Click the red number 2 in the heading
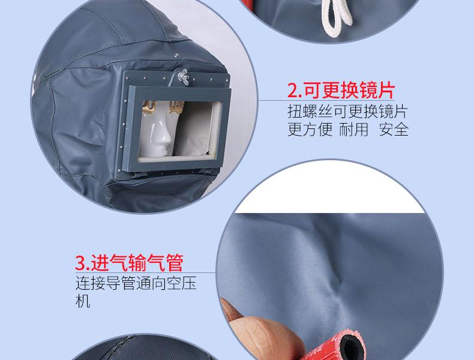click(x=293, y=91)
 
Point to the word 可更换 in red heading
click(x=331, y=91)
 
